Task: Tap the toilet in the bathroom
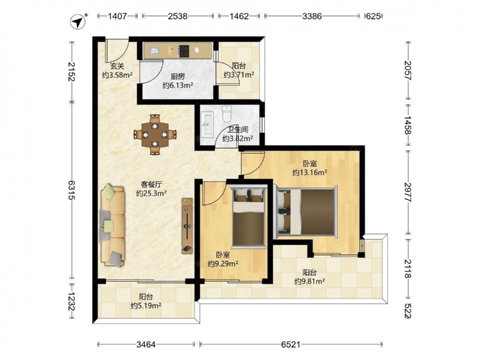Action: (x=227, y=114)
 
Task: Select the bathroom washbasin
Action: (x=208, y=124)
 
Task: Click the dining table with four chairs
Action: (x=155, y=134)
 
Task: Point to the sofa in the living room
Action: (x=113, y=225)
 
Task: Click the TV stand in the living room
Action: (x=187, y=226)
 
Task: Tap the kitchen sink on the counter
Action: (x=154, y=50)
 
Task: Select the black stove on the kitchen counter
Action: (x=184, y=51)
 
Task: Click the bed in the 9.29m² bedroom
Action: (x=249, y=217)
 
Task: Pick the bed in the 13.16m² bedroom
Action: (x=306, y=212)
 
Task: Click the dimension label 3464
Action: (x=146, y=345)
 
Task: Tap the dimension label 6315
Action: (x=72, y=190)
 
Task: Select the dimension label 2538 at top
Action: (x=178, y=16)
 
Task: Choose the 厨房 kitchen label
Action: (x=178, y=76)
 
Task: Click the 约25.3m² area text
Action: (x=151, y=193)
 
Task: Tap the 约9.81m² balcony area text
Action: (x=310, y=281)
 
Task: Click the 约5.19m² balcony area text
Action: (x=146, y=305)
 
